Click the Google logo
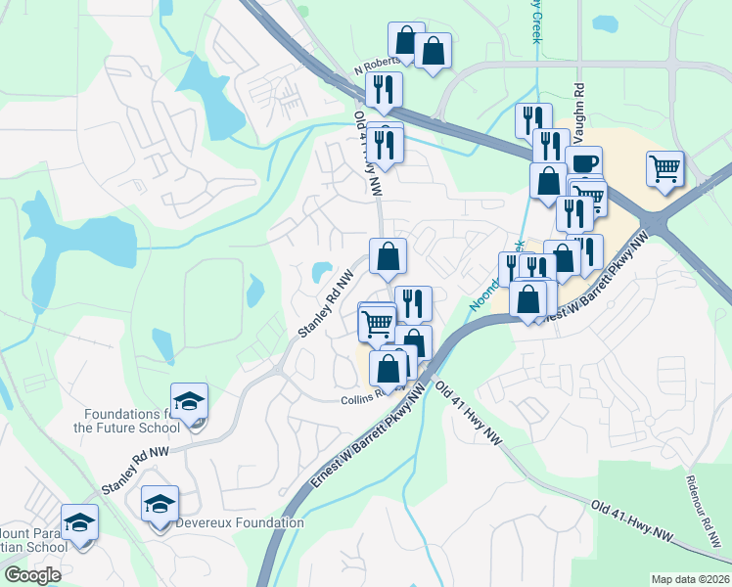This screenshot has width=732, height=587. coord(32,575)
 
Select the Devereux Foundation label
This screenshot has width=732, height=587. coord(240,522)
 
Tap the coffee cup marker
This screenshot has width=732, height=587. coord(583,163)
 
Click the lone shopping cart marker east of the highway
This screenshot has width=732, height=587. coord(665,168)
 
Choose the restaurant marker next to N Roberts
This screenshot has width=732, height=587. coord(385,90)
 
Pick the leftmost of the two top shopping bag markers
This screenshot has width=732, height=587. coord(406,41)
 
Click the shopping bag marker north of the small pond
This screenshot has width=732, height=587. coord(389,257)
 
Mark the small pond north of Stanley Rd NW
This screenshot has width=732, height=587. coord(321,270)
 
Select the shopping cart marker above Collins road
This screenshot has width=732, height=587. coord(378,323)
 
